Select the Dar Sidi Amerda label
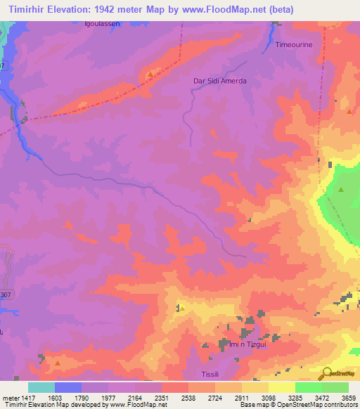coord(220,81)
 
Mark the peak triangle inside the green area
coord(341,190)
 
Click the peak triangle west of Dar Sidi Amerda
coord(150,72)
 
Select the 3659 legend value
coord(348,397)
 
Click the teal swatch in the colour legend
coord(41,387)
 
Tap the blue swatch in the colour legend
coord(67,387)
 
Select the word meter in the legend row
coord(8,397)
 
